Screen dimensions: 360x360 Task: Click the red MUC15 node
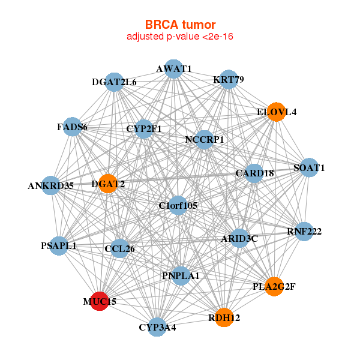[x=100, y=301]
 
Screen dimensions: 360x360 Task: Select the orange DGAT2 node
[x=108, y=184]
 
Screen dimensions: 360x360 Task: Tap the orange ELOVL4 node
[x=277, y=112]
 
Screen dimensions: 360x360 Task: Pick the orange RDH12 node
[x=224, y=317]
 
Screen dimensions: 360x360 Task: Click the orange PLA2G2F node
[x=274, y=287]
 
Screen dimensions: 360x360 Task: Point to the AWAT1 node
[x=174, y=69]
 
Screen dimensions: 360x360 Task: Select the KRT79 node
[x=229, y=79]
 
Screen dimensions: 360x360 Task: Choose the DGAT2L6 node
[x=115, y=82]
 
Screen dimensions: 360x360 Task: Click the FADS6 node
[x=73, y=127]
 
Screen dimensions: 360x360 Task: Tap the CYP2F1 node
[x=144, y=129]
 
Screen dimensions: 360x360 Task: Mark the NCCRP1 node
[x=205, y=140]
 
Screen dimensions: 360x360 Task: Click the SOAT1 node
[x=309, y=167]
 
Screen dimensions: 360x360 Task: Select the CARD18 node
[x=254, y=173]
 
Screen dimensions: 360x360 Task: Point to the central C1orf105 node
[x=178, y=205]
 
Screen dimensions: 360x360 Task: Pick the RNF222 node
[x=304, y=232]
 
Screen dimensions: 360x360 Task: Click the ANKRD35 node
[x=51, y=185]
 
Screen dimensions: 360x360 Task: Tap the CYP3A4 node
[x=157, y=327]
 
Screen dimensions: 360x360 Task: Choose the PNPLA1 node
[x=181, y=276]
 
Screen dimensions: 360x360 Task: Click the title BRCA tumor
[x=180, y=25]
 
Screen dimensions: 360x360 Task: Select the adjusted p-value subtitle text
[x=180, y=37]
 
